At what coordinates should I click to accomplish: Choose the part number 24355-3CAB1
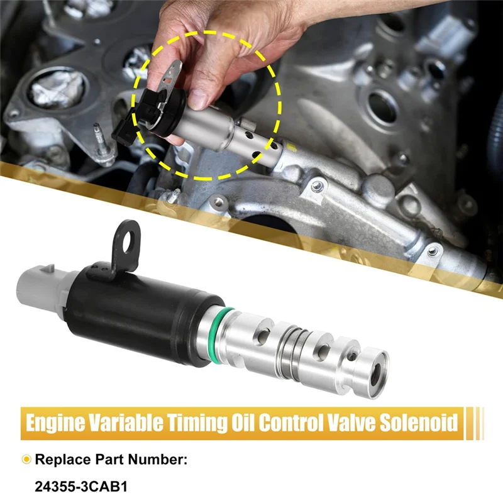(77, 486)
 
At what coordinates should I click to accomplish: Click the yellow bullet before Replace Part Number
(26, 460)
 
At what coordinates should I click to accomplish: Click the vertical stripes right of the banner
(477, 422)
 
